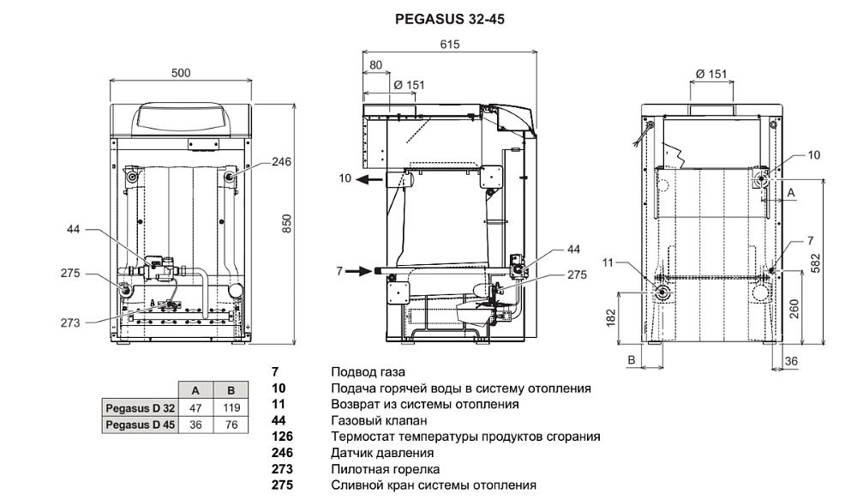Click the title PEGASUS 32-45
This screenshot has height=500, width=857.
449,19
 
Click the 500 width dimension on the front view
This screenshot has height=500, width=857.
181,73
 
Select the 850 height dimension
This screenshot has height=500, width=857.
287,223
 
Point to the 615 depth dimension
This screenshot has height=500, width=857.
450,45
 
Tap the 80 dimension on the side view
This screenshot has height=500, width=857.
375,65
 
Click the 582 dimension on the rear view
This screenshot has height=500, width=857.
815,263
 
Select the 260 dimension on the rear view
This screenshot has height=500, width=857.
794,309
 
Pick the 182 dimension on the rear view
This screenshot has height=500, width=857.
610,317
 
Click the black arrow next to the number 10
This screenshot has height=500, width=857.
370,178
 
